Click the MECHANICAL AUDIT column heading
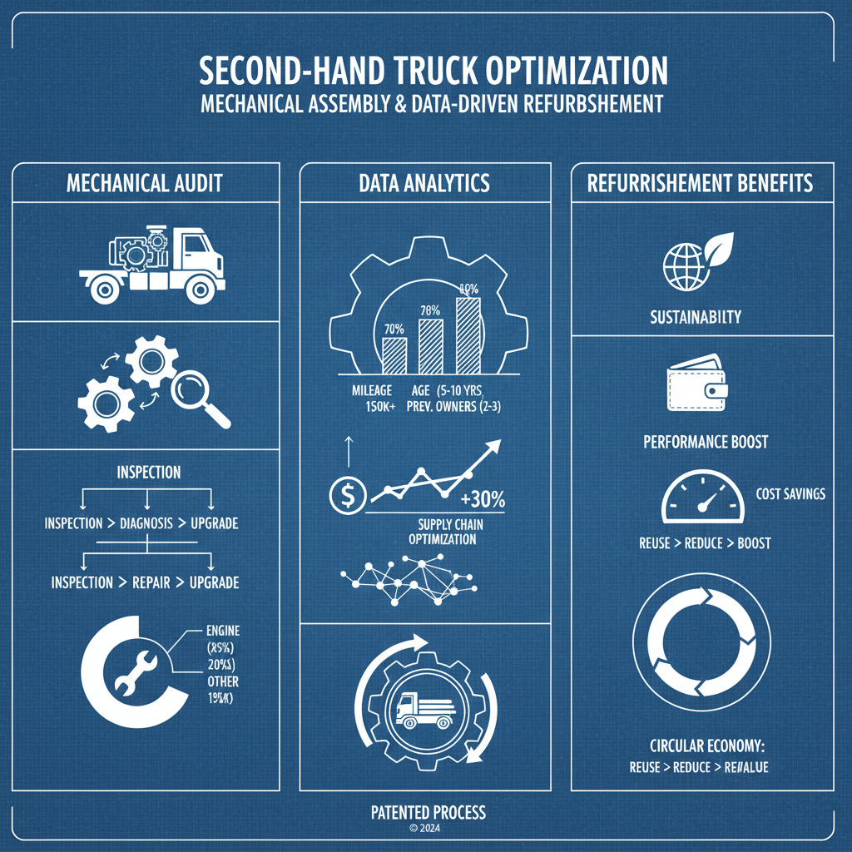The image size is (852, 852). [x=145, y=183]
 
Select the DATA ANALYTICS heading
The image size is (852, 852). [x=424, y=183]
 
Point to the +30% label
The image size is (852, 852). [x=482, y=499]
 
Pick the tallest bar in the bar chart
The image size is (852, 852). [x=468, y=334]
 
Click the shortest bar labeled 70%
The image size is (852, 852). [x=394, y=354]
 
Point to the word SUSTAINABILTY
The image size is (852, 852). [x=696, y=317]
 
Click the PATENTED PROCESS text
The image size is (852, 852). [x=428, y=812]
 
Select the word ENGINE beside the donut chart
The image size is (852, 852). [x=221, y=632]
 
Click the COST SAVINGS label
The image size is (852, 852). [x=790, y=494]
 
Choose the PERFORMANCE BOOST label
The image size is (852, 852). [x=706, y=442]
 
